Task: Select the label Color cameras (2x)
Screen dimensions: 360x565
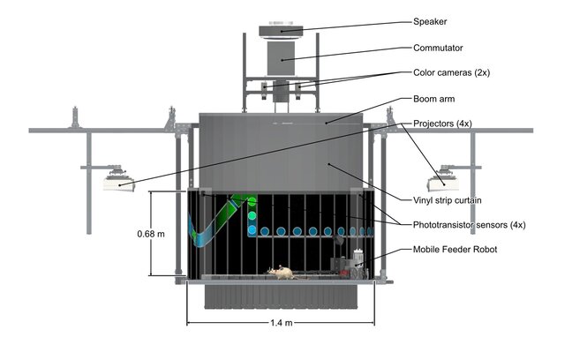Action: coord(456,73)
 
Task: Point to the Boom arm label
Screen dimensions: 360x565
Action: coord(435,100)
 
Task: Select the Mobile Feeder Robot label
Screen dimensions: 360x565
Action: coord(456,250)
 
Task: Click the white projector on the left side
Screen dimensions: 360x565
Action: coord(117,183)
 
